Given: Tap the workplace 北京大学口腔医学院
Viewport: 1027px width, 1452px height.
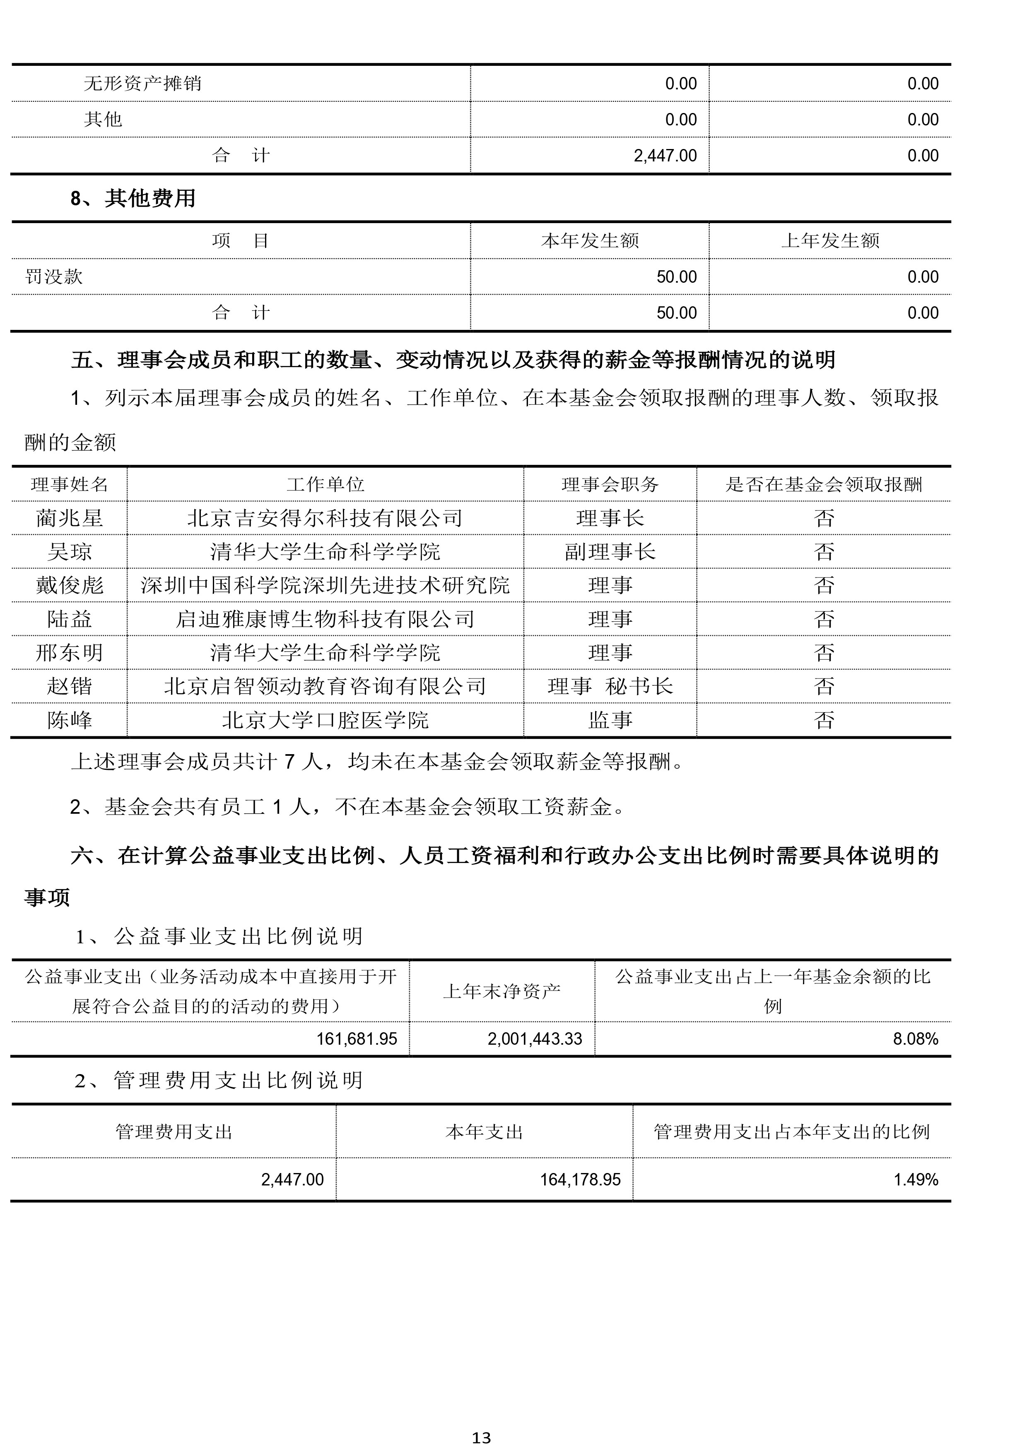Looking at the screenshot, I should (x=325, y=720).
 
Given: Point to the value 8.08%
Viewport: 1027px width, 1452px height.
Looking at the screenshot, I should (x=915, y=1039).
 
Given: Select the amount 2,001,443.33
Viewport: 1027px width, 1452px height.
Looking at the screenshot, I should (x=534, y=1039).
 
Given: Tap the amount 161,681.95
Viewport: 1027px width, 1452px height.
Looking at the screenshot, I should (x=356, y=1039).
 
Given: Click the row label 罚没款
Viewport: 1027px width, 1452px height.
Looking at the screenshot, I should (x=54, y=276).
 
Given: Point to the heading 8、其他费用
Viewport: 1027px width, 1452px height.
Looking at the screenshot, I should (x=133, y=199).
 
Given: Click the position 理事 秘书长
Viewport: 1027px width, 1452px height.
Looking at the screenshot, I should (x=610, y=686).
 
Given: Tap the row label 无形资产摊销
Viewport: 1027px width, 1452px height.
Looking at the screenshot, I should (x=142, y=84).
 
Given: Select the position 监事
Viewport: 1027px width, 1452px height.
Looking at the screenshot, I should (x=610, y=720).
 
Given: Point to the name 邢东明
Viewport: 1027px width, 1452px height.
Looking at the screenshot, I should (x=70, y=653).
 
